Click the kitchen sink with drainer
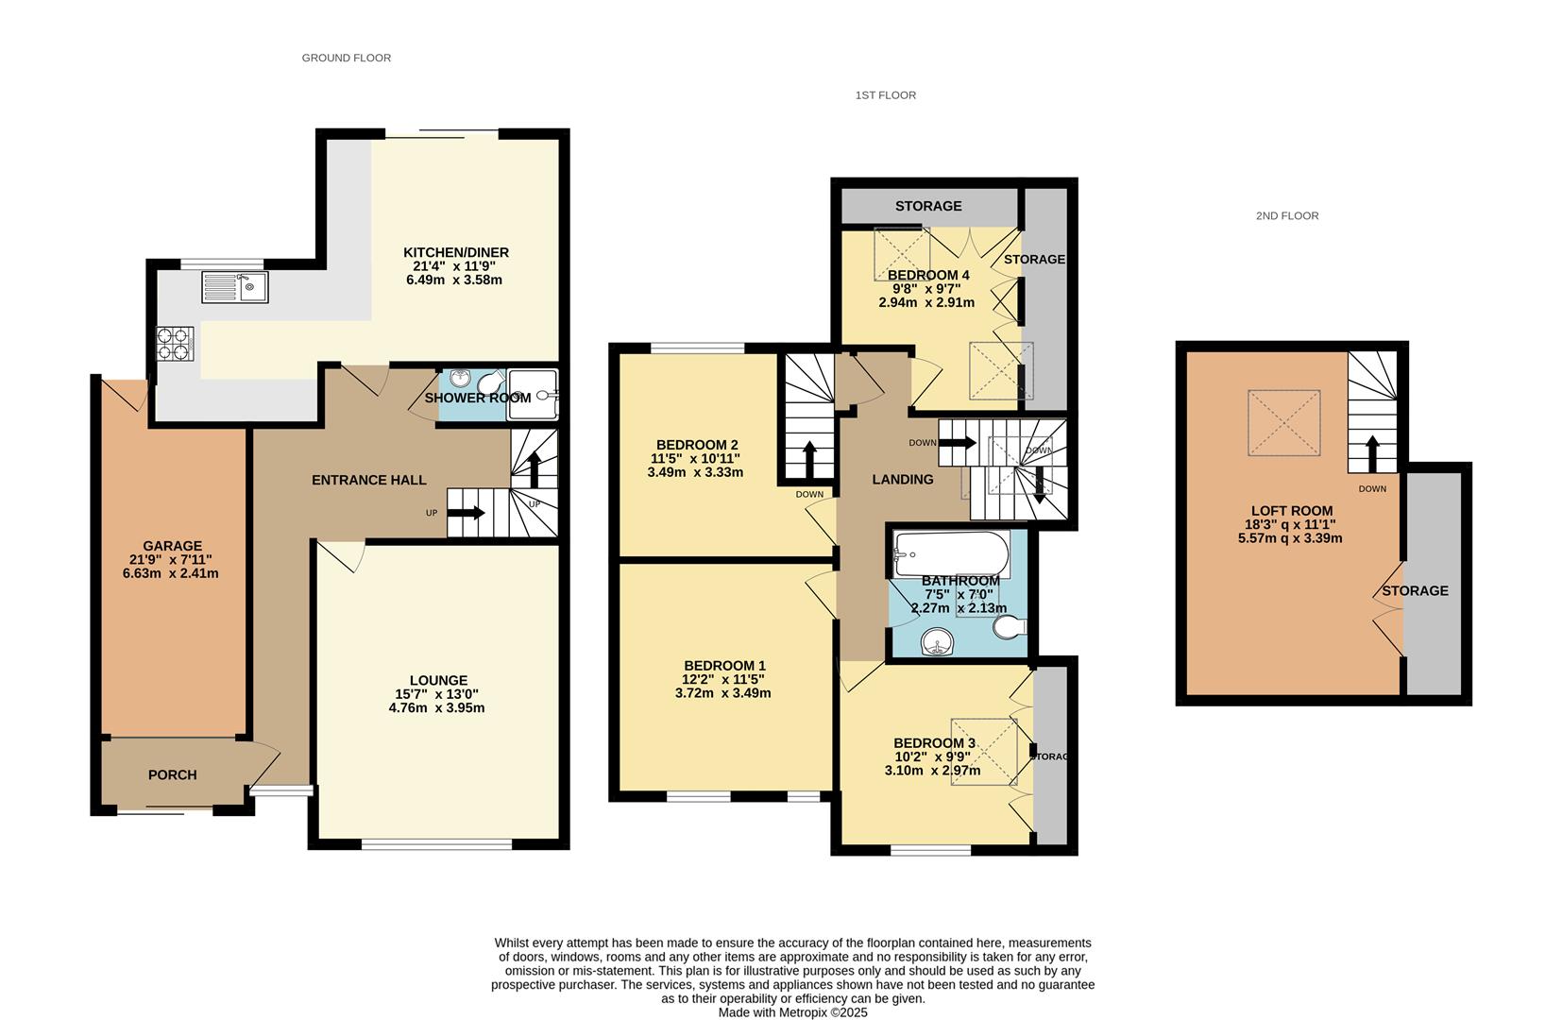coord(235,287)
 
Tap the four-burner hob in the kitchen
coord(175,344)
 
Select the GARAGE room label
coord(172,546)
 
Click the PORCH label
coord(172,774)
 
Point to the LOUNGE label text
coord(438,680)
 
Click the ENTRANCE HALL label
coord(369,480)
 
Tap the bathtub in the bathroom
coord(952,554)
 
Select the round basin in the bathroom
coord(938,641)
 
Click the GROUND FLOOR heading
coord(347,58)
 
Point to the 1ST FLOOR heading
coord(886,94)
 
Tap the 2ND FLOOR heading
coord(1287,216)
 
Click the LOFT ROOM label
coord(1292,511)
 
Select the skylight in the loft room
coord(1283,423)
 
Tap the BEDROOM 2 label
coord(697,445)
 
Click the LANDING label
coord(902,480)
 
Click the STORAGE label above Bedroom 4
coord(928,206)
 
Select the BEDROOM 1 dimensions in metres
coord(723,693)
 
